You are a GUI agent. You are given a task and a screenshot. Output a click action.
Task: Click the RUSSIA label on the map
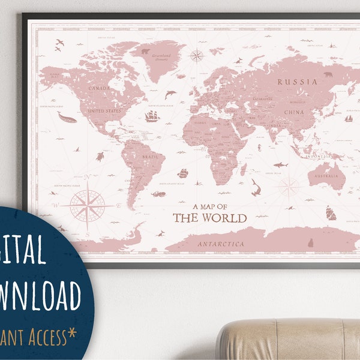[x=298, y=81]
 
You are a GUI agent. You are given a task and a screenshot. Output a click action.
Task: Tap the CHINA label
[x=294, y=112]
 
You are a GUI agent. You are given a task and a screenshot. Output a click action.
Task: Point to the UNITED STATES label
[x=104, y=111]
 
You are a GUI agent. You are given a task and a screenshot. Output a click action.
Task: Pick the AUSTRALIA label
[x=326, y=176]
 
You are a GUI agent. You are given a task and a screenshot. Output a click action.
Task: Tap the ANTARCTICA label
[x=222, y=244]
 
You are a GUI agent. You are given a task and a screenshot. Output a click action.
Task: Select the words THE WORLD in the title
[x=209, y=217]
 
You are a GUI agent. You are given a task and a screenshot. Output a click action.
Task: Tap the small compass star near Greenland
[x=197, y=56]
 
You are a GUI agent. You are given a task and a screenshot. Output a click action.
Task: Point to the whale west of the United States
[x=67, y=118]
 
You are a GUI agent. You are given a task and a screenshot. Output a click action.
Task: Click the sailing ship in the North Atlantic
[x=152, y=115]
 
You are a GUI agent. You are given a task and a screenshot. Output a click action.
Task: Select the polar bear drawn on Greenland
[x=145, y=51]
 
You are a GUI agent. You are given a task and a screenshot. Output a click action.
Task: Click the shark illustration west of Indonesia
[x=280, y=164]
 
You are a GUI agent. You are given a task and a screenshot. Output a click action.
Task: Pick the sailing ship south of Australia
[x=331, y=212]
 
